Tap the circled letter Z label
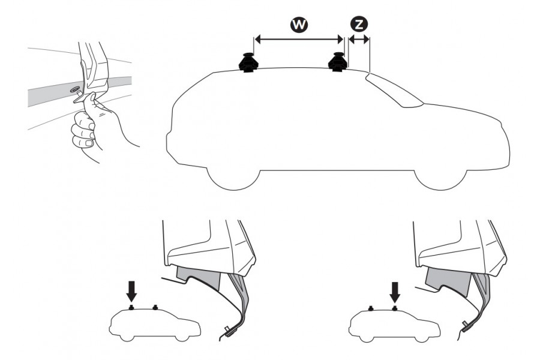coord(359,24)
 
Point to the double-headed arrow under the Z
coord(359,40)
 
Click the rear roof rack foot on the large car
coord(247,63)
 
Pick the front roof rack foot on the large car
coord(337,62)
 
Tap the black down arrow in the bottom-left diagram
coord(132,292)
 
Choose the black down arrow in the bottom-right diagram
coord(395,292)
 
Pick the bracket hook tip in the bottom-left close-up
coord(228,329)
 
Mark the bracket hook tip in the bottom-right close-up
coord(466,326)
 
